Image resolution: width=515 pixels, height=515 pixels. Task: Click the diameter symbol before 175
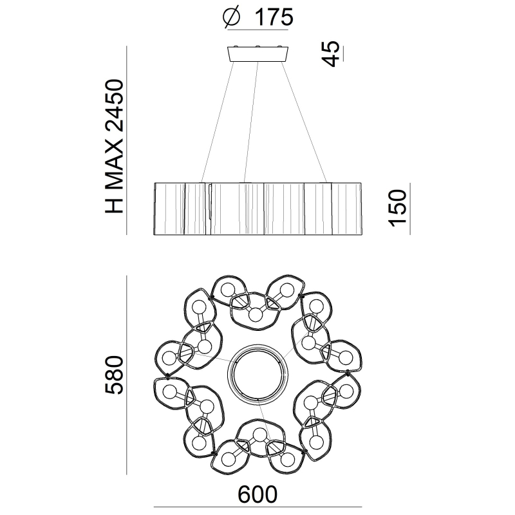(x=232, y=17)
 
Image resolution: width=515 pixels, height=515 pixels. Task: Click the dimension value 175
(x=274, y=17)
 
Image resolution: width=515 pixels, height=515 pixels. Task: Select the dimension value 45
(x=330, y=53)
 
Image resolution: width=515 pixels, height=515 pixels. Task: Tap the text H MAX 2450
(x=114, y=146)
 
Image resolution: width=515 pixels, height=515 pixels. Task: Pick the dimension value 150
(x=398, y=208)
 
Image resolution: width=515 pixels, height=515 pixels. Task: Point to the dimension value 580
(x=114, y=375)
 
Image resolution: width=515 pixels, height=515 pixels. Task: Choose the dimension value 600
(x=257, y=494)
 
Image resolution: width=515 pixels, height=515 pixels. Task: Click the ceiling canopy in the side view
(x=258, y=54)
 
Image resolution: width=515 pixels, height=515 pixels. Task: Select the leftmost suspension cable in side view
(x=218, y=122)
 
